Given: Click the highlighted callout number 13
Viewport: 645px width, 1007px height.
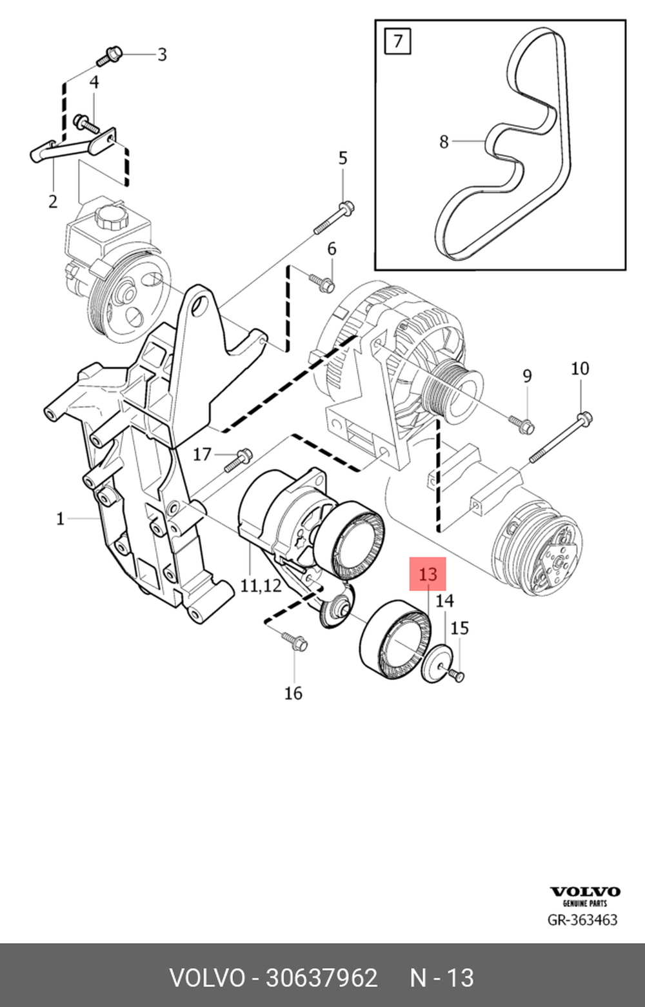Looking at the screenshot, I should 428,574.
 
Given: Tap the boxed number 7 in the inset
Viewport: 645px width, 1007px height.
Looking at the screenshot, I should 397,41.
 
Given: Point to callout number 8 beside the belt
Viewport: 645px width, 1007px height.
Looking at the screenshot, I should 444,141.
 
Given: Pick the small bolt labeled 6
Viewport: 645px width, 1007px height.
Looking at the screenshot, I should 322,282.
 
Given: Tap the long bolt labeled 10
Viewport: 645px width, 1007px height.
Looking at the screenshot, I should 560,439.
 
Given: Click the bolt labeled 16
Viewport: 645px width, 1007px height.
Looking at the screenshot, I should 294,641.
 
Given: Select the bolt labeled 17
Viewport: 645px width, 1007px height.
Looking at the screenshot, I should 238,459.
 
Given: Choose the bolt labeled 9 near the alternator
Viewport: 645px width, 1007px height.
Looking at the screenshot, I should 521,423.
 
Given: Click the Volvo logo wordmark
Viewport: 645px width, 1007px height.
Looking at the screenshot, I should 584,892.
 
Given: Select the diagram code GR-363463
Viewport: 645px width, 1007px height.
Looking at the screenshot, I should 582,919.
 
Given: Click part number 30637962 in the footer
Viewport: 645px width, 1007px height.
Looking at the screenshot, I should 321,978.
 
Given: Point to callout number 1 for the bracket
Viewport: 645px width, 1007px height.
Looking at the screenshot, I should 60,518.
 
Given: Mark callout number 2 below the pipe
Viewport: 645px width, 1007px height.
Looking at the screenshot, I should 53,201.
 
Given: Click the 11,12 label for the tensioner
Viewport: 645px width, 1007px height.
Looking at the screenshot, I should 261,585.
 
